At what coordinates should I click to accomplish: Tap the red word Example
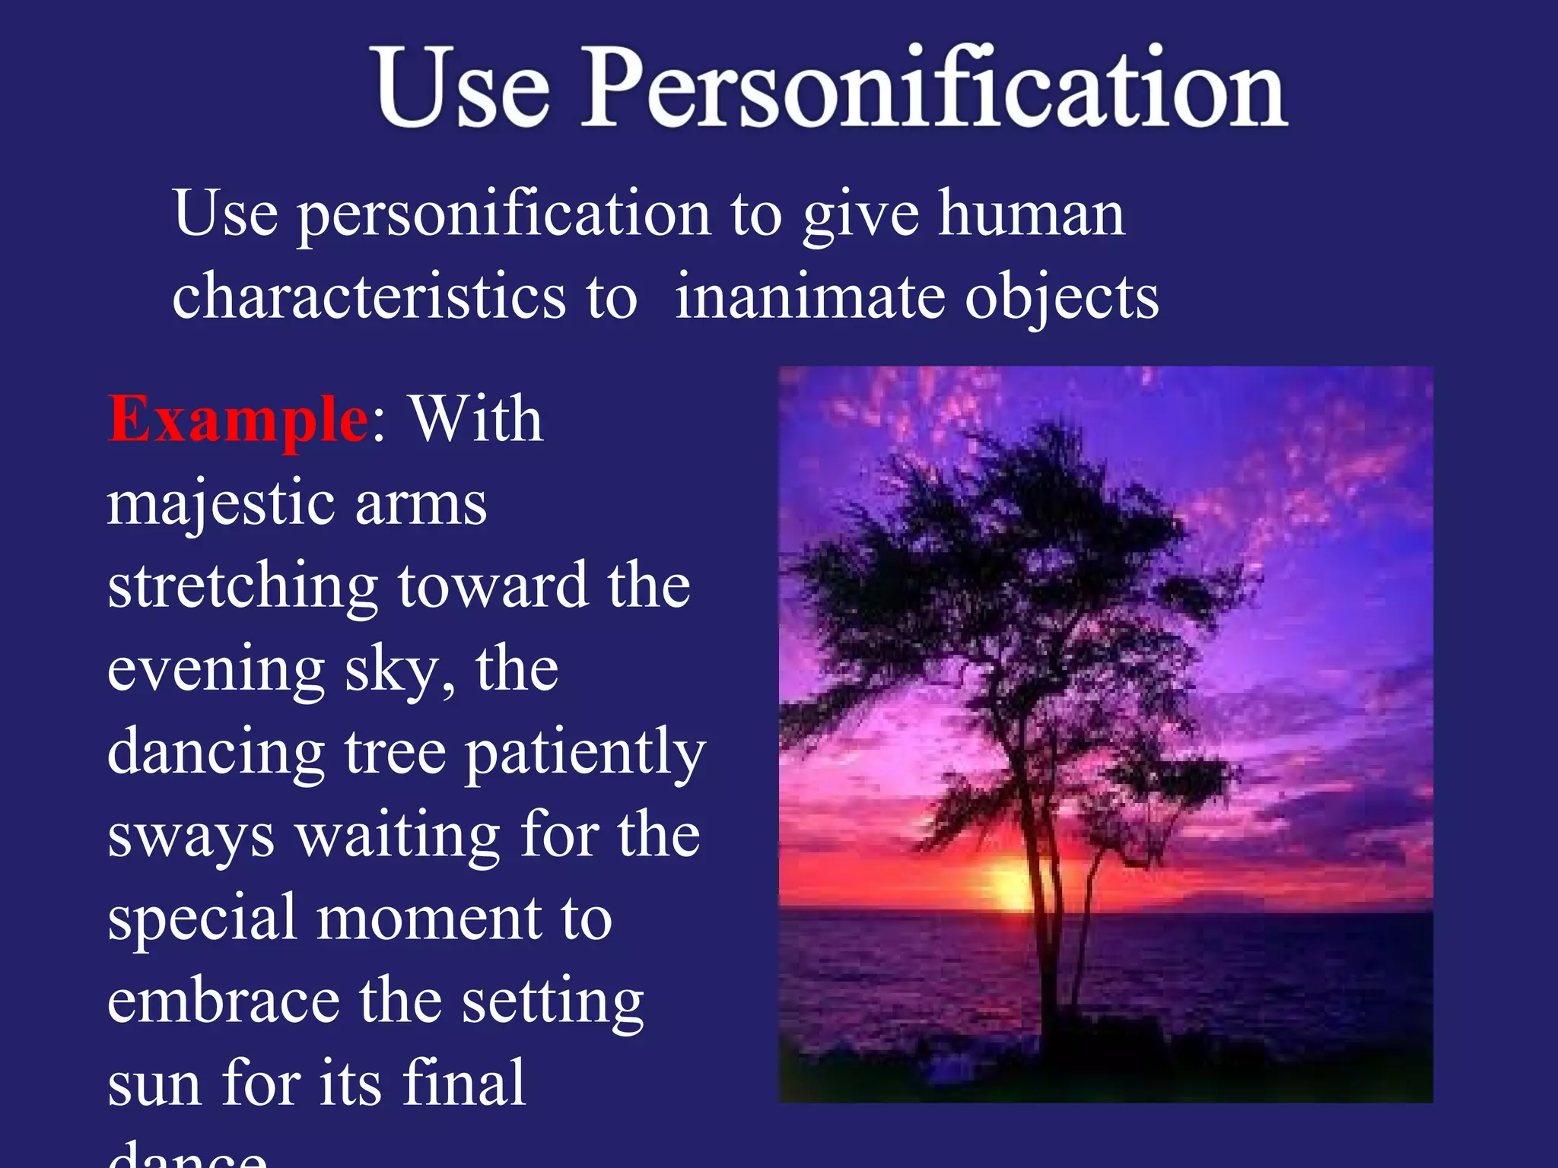[237, 421]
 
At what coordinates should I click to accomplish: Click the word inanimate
[809, 297]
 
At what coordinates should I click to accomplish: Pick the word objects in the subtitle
[1062, 298]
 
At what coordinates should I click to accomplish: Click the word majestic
[221, 505]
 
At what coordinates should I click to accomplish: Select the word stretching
[243, 588]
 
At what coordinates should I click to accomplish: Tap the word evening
[216, 671]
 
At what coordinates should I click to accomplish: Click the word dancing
[216, 754]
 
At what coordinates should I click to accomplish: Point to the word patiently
[584, 754]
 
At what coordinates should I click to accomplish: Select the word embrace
[223, 1001]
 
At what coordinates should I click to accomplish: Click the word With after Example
[476, 421]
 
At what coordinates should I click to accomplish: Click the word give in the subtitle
[860, 216]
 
